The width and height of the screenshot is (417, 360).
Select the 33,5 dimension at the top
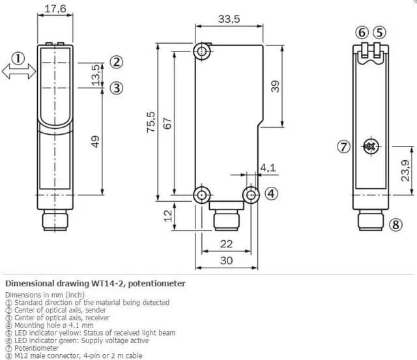point(228,19)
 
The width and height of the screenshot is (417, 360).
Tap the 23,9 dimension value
point(404,170)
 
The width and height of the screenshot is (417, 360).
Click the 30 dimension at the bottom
point(226,260)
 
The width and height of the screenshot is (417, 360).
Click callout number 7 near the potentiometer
point(343,146)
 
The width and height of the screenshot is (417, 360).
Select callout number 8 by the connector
point(396,225)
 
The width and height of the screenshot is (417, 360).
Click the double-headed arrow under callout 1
point(19,73)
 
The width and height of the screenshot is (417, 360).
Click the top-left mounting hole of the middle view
point(203,51)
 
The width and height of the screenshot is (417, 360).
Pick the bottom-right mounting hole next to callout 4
point(252,194)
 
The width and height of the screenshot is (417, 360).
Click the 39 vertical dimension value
point(276,86)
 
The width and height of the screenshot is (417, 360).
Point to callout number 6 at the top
point(362,33)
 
